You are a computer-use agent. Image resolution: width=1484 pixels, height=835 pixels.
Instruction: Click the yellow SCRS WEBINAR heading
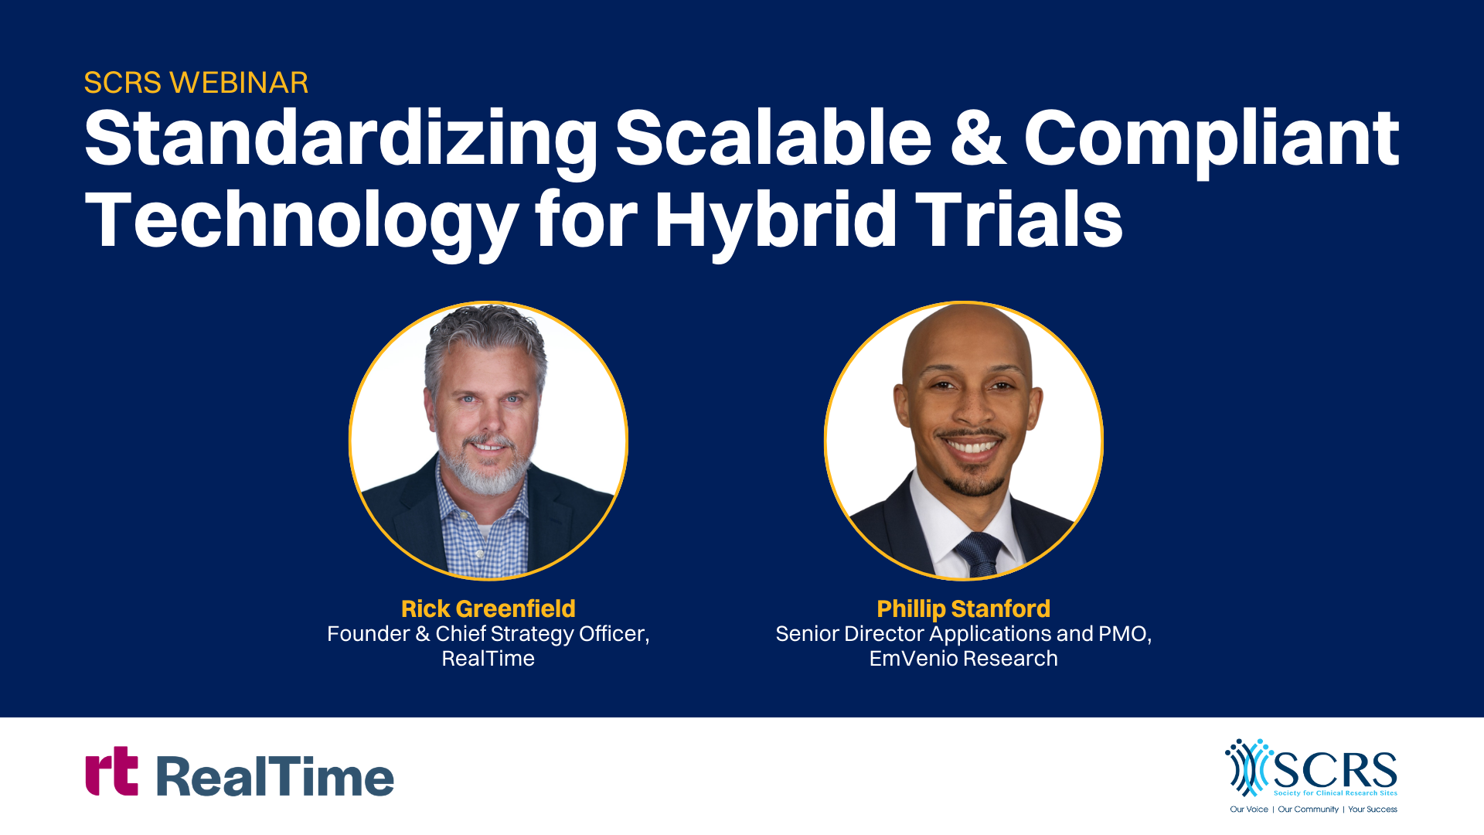[x=196, y=83]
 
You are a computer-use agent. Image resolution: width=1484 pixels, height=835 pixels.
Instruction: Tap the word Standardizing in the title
[x=341, y=141]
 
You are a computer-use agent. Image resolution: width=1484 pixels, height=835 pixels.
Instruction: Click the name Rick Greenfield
[x=488, y=608]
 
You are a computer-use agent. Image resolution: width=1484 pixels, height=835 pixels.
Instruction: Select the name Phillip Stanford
[x=964, y=609]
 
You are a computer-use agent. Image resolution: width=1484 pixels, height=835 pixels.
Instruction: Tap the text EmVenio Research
[x=964, y=659]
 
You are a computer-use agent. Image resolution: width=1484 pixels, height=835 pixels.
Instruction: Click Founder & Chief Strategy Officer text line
[x=488, y=634]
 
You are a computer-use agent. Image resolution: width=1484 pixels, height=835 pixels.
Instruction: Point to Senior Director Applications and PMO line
[x=964, y=634]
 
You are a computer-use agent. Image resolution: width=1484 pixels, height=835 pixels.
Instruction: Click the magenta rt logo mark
[x=112, y=771]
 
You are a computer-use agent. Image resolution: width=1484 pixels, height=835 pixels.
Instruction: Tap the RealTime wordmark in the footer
[x=275, y=776]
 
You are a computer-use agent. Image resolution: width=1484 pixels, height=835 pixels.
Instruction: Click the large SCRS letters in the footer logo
[x=1335, y=770]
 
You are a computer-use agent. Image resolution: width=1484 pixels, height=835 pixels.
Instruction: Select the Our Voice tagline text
[x=1249, y=809]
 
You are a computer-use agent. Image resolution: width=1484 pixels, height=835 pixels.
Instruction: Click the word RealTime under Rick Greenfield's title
[x=488, y=659]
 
